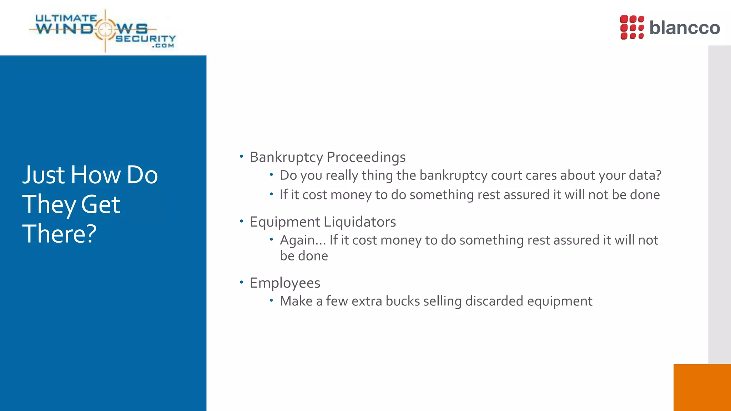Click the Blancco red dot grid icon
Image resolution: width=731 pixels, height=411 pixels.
pos(632,27)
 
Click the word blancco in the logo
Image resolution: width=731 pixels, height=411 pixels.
pos(684,27)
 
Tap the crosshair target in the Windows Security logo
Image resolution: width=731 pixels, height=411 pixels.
pos(105,30)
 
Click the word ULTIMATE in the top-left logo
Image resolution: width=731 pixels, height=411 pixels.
pos(66,18)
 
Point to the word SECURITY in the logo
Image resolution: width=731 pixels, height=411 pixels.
pos(146,39)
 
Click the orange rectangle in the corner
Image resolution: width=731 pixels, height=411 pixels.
pos(702,387)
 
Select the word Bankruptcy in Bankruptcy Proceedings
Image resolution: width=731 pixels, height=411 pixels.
pos(286,157)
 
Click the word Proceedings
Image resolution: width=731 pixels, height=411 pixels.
pos(366,157)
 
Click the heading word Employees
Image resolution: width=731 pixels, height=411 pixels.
pos(285,283)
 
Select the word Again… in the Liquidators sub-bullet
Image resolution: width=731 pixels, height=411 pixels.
pos(303,240)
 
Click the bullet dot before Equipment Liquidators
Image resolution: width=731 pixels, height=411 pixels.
pos(241,221)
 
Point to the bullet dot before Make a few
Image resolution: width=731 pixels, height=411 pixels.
pos(271,300)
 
